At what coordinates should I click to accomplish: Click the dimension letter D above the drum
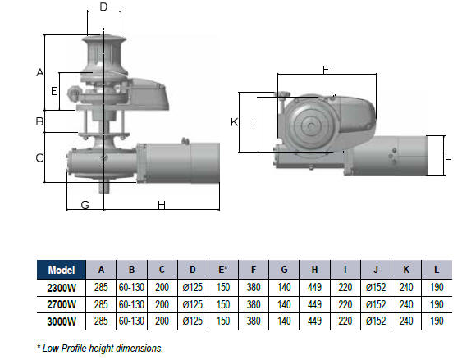103,7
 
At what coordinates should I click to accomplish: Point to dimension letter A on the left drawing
39,72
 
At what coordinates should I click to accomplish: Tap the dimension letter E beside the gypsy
54,91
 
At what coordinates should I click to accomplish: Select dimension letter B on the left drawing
39,121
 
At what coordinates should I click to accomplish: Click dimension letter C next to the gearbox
39,158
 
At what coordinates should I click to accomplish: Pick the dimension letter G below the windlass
85,205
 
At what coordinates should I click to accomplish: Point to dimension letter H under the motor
162,205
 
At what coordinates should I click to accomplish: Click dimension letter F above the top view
326,70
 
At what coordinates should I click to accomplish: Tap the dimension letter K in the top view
234,122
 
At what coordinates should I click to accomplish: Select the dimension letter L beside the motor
448,157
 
